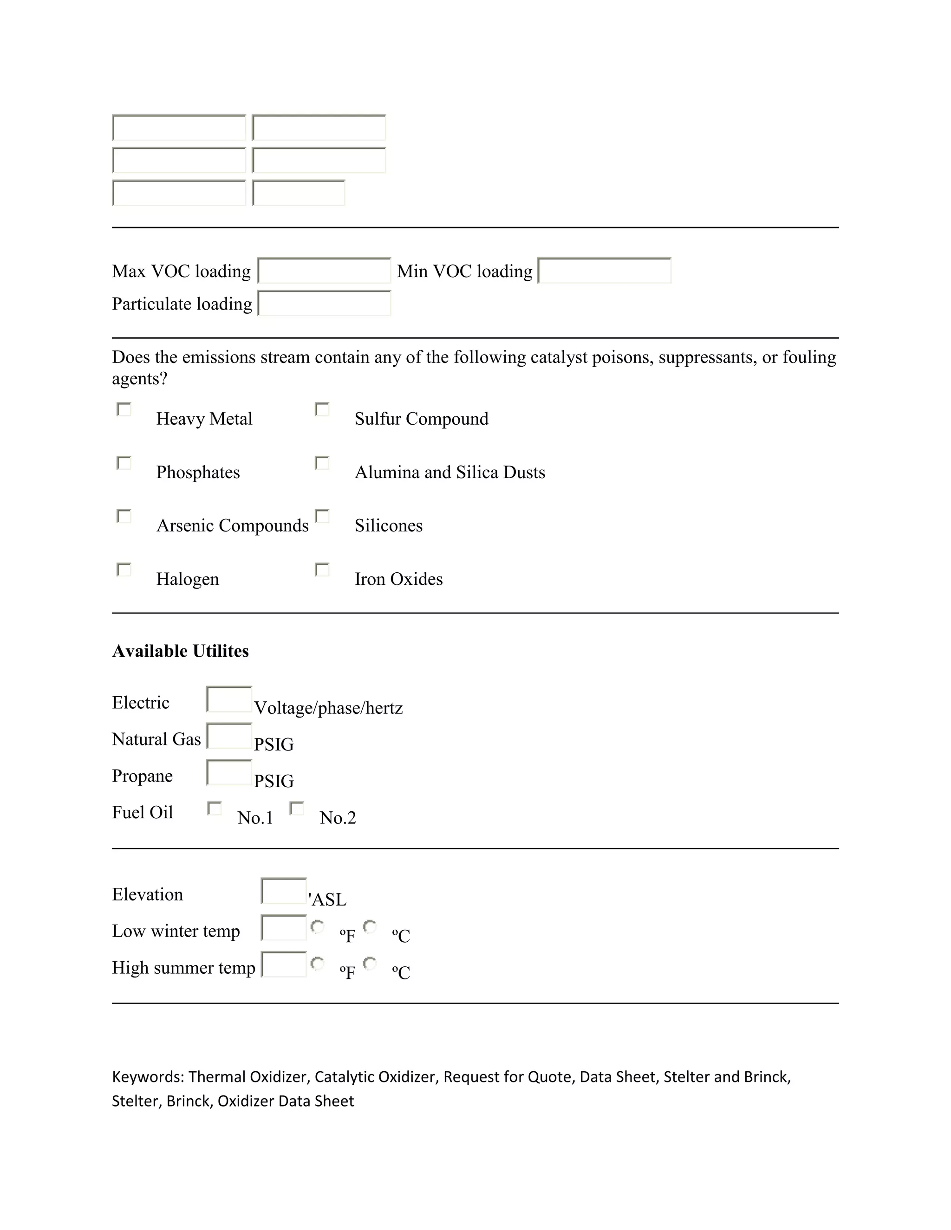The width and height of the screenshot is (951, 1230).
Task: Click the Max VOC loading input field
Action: click(x=324, y=271)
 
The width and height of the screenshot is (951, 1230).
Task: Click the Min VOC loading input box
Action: click(x=604, y=271)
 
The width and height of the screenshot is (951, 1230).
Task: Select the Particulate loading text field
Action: click(x=324, y=304)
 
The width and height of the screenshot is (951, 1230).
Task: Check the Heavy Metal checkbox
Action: click(x=124, y=409)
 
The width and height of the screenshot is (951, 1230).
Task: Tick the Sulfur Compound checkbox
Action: click(x=322, y=409)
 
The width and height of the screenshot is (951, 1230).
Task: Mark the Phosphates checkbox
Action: click(x=124, y=463)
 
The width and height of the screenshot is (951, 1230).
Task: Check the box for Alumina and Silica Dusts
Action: click(x=322, y=463)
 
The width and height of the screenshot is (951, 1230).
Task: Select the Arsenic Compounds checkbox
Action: click(x=124, y=517)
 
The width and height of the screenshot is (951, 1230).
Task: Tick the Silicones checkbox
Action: click(x=322, y=517)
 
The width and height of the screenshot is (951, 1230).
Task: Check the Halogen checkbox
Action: click(x=124, y=570)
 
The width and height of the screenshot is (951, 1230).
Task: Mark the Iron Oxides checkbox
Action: click(x=322, y=570)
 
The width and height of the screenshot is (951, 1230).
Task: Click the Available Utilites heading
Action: click(x=180, y=651)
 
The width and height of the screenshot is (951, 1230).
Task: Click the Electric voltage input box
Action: click(x=229, y=699)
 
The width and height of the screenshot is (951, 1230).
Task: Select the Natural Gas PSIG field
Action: click(x=229, y=736)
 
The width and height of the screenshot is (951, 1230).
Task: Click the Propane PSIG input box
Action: click(x=229, y=773)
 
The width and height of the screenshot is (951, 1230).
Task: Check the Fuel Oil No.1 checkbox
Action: click(x=215, y=809)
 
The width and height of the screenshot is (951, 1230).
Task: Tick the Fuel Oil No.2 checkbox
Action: click(x=297, y=809)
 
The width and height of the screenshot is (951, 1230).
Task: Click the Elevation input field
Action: click(x=284, y=891)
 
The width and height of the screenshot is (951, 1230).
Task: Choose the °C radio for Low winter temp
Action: click(x=370, y=927)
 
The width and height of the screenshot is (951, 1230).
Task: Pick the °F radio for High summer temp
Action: click(x=318, y=964)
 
